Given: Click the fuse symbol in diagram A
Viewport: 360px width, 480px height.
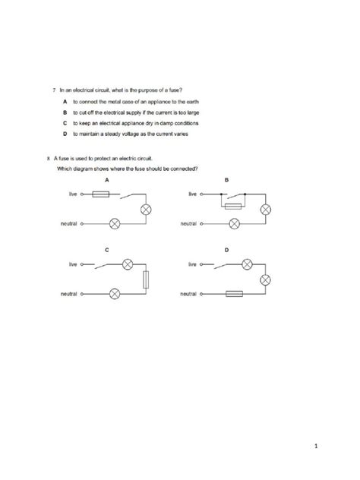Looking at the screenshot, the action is pyautogui.click(x=100, y=194).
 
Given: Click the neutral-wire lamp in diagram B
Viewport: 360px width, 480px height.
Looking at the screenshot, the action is pyautogui.click(x=235, y=223).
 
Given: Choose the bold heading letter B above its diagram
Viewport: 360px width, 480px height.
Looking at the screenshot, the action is pyautogui.click(x=227, y=179).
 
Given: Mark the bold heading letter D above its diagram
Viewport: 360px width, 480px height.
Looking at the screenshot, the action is pyautogui.click(x=227, y=249).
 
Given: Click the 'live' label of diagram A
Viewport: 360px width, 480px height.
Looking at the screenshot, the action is pyautogui.click(x=73, y=194).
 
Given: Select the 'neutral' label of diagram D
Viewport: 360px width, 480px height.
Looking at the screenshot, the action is pyautogui.click(x=189, y=293).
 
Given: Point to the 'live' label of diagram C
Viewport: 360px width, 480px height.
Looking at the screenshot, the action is pyautogui.click(x=73, y=264).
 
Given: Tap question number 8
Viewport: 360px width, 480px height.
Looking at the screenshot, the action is pyautogui.click(x=49, y=158).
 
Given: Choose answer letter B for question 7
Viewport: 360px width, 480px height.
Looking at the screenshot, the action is pyautogui.click(x=65, y=111).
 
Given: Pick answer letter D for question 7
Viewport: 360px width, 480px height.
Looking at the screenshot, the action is pyautogui.click(x=65, y=133).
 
